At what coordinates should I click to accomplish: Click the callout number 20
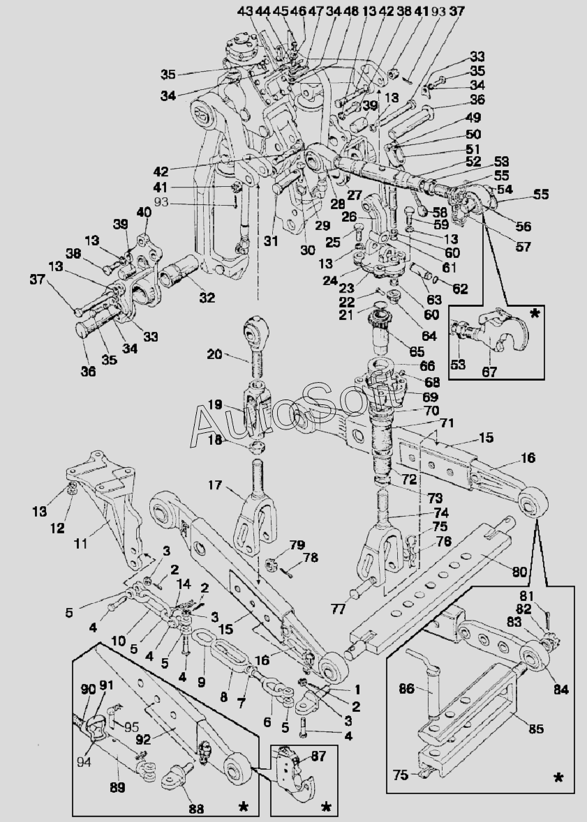click(214, 355)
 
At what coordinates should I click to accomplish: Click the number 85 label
click(536, 730)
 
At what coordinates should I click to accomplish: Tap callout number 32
click(206, 298)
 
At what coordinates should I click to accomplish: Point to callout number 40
click(143, 212)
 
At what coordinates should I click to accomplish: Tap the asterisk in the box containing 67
click(535, 314)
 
